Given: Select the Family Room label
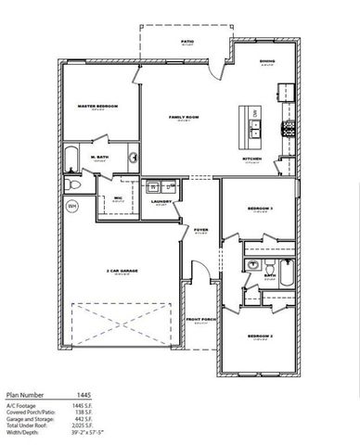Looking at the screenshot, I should [x=182, y=118].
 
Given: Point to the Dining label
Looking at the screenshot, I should [x=267, y=61].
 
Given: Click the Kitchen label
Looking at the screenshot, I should [x=251, y=159].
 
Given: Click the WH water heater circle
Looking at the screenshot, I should [x=71, y=205].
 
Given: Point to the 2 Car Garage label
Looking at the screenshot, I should [x=122, y=271].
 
